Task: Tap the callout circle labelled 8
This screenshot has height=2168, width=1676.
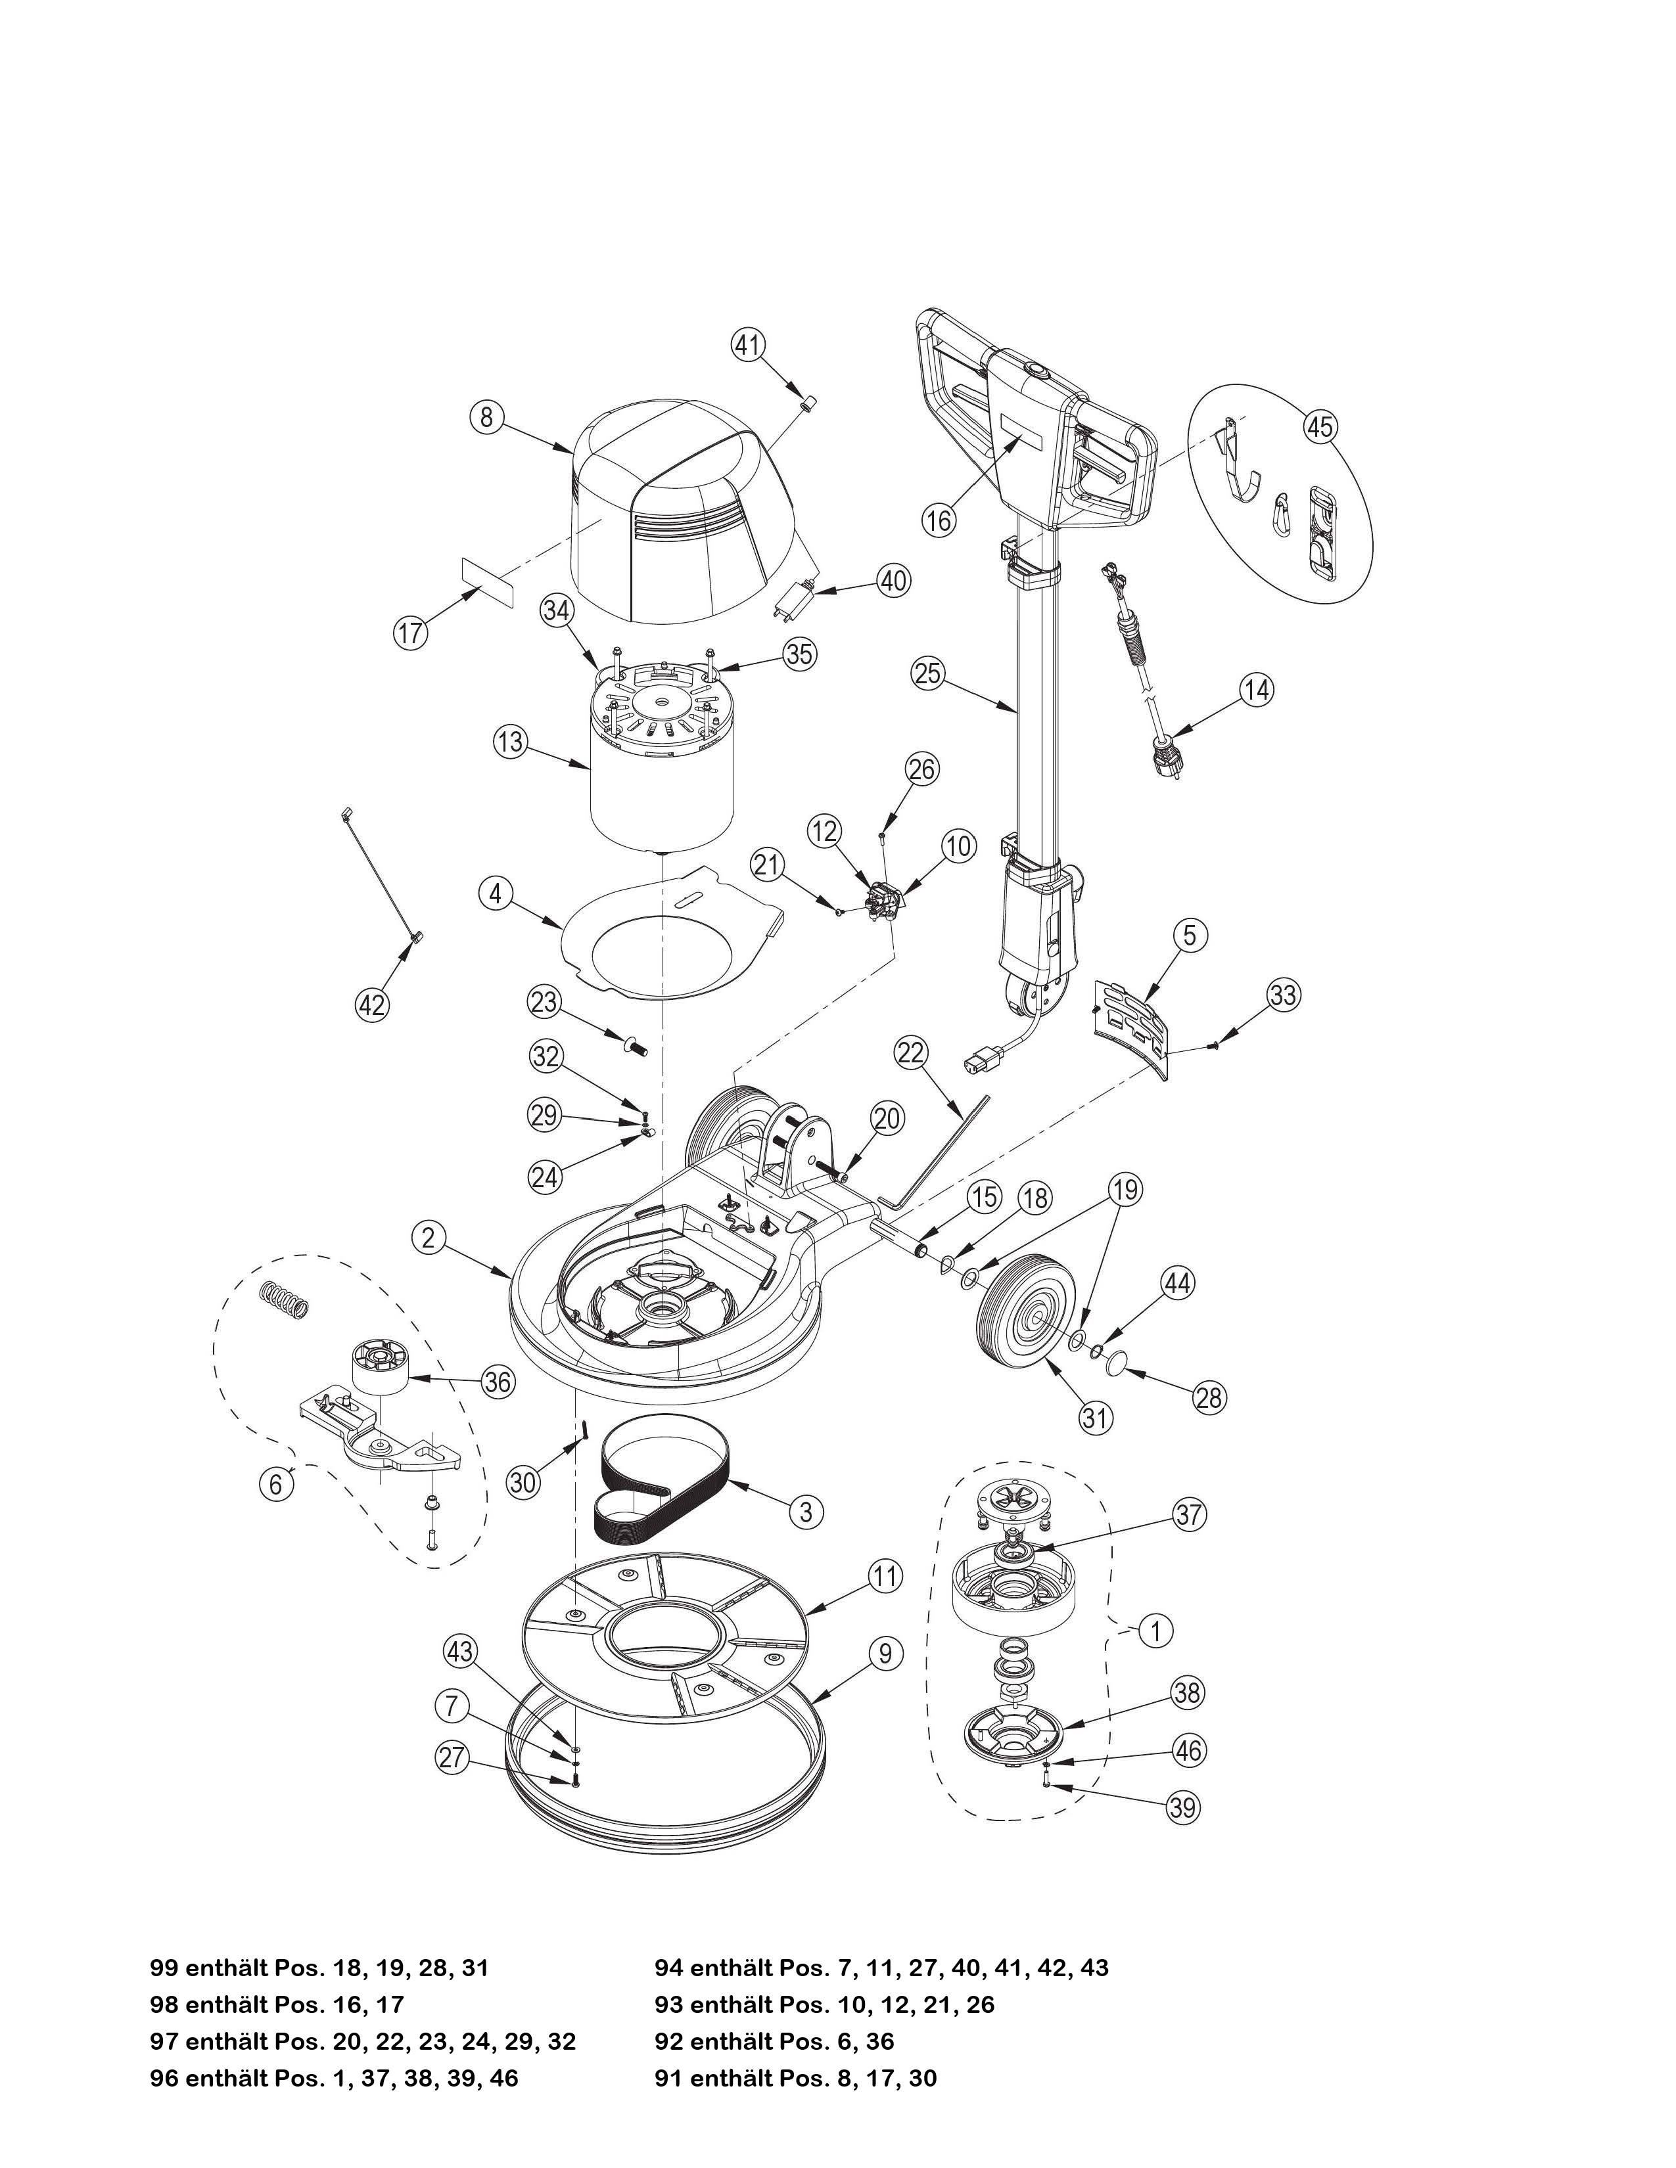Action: tap(486, 418)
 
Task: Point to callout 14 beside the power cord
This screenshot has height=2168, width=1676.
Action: tap(1257, 690)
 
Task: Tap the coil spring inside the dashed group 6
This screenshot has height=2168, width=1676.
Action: tap(286, 1296)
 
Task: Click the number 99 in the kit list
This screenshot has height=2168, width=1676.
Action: tap(164, 1968)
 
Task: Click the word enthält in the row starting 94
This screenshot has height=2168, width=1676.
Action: tap(733, 1968)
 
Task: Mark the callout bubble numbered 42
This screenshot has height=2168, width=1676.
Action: tap(371, 1006)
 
